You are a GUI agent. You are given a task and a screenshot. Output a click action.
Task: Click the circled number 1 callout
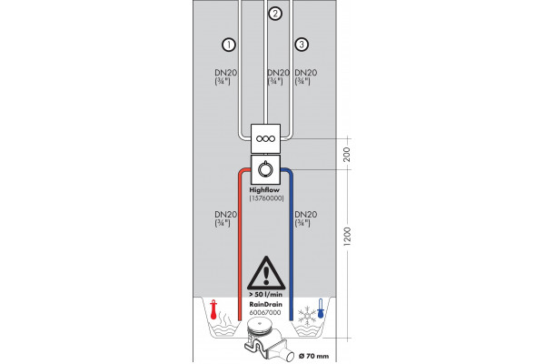pos(229,45)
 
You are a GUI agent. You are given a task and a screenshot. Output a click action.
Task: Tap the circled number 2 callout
pos(275,14)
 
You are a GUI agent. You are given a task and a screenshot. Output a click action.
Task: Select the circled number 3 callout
pos(302,45)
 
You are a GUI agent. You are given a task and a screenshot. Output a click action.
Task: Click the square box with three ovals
pos(265,138)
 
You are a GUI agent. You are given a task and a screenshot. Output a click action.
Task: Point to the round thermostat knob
pos(265,169)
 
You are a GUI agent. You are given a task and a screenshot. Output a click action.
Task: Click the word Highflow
pos(264,190)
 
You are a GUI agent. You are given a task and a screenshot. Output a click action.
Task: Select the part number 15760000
pos(266,198)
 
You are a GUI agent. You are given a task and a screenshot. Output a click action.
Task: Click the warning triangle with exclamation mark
pos(266,273)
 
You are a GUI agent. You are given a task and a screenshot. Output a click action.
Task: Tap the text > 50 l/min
pos(266,294)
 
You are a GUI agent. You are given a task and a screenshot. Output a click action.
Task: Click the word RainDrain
pos(265,304)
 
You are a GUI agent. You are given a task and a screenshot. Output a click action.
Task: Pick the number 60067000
pos(265,312)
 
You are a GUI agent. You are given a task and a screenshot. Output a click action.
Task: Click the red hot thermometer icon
pos(213,309)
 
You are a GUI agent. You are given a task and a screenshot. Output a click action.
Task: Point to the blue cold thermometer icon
pos(321,308)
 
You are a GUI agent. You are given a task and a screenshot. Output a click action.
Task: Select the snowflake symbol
pos(307,317)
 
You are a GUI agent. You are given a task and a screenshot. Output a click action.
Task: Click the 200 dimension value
pos(347,155)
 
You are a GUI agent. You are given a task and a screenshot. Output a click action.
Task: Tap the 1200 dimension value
pos(347,237)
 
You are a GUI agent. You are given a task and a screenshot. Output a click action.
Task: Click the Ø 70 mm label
pos(313,356)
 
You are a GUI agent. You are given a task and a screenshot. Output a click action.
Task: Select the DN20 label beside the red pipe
pos(226,215)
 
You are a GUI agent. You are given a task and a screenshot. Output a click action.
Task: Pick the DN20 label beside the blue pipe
pos(306,215)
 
